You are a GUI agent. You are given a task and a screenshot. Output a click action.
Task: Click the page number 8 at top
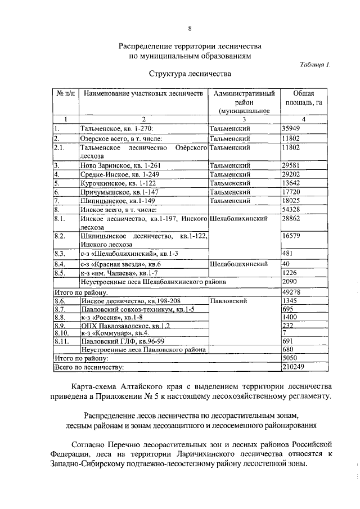click(190, 29)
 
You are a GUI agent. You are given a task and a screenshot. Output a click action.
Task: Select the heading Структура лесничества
click(190, 74)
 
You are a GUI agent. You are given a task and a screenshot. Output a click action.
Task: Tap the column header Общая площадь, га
click(304, 98)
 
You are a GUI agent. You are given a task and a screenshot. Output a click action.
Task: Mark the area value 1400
click(290, 317)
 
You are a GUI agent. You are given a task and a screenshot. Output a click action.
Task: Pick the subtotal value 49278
click(292, 292)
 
